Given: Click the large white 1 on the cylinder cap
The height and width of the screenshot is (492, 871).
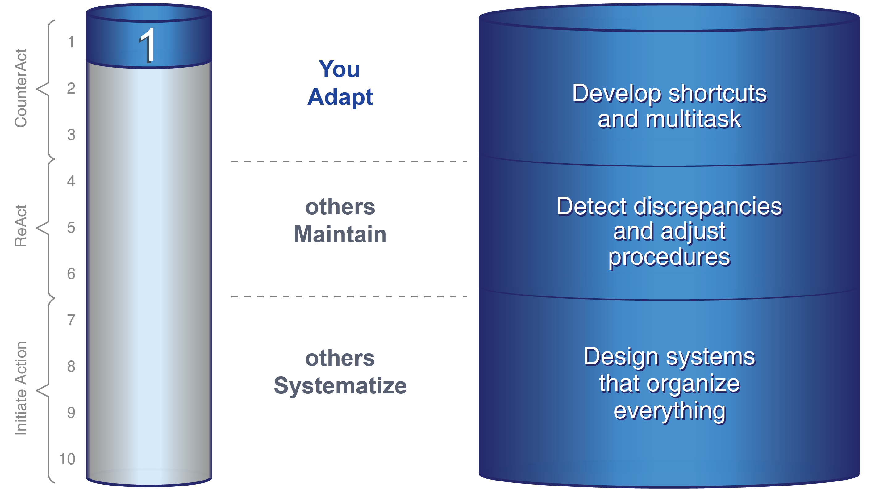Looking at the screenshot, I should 148,46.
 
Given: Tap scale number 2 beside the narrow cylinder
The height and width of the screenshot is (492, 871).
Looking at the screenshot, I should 71,88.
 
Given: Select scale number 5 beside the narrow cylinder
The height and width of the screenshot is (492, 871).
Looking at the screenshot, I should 71,227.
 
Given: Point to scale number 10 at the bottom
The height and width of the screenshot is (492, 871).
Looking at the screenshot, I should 67,459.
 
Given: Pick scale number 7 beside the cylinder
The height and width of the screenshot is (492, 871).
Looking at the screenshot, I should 71,320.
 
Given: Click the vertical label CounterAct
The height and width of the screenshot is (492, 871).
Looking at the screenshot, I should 21,88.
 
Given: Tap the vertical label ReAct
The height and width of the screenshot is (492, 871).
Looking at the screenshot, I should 21,226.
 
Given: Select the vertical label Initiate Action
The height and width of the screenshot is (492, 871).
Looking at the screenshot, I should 21,388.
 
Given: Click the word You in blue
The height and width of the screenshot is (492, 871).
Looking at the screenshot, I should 339,69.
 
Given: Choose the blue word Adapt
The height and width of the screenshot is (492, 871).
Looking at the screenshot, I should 340,97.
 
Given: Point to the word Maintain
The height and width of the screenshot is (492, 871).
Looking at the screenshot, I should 340,234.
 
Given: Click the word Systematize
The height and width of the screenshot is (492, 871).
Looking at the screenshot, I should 340,386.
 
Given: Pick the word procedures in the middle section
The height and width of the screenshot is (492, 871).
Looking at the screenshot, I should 669,257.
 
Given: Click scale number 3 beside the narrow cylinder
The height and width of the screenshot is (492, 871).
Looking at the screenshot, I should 71,135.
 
